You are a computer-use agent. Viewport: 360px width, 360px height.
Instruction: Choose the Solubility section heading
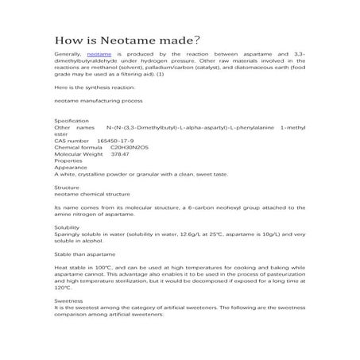67,227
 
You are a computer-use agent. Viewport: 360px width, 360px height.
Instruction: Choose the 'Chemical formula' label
79,147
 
